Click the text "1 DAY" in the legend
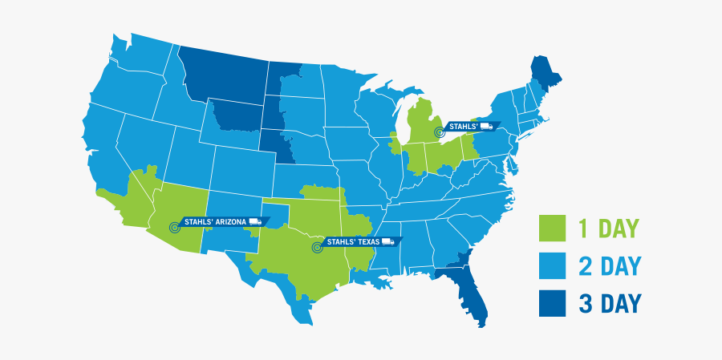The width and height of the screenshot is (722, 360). coord(607,229)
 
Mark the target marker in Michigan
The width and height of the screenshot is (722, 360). coord(438,131)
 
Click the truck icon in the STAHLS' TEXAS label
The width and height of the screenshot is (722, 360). coord(388,241)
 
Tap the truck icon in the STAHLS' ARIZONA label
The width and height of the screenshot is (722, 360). coord(255,221)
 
